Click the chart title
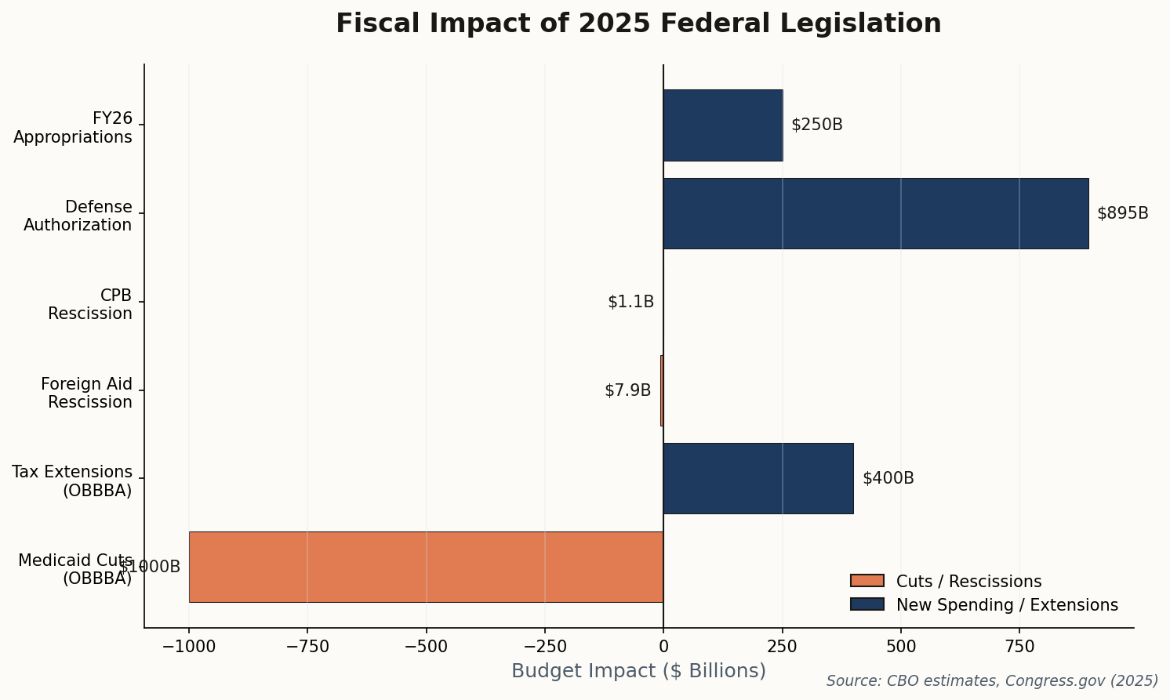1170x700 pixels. pyautogui.click(x=638, y=24)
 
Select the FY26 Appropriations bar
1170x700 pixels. pyautogui.click(x=722, y=125)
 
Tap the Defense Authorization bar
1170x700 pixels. pyautogui.click(x=875, y=213)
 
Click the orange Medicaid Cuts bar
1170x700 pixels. pyautogui.click(x=426, y=567)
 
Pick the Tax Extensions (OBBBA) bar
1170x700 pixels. pyautogui.click(x=758, y=478)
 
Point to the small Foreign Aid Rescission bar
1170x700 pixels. pyautogui.click(x=662, y=390)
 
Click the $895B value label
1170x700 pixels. pyautogui.click(x=1122, y=213)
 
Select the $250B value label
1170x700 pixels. pyautogui.click(x=816, y=125)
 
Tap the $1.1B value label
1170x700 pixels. pyautogui.click(x=630, y=302)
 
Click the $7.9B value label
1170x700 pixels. pyautogui.click(x=627, y=390)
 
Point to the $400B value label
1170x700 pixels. pyautogui.click(x=888, y=478)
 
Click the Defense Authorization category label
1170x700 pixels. pyautogui.click(x=78, y=216)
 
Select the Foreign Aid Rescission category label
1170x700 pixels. pyautogui.click(x=86, y=393)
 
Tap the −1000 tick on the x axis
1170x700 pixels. pyautogui.click(x=188, y=647)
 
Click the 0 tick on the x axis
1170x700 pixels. pyautogui.click(x=663, y=647)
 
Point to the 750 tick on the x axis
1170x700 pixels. pyautogui.click(x=1019, y=647)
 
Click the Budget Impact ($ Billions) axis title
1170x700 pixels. pyautogui.click(x=638, y=671)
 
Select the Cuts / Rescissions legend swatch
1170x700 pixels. pyautogui.click(x=867, y=581)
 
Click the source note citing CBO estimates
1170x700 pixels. pyautogui.click(x=992, y=681)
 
